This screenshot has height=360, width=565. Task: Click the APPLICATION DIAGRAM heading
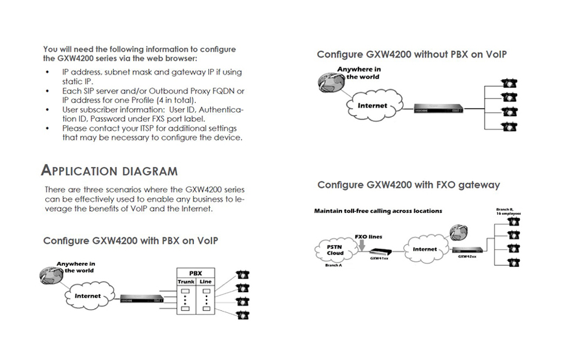click(109, 171)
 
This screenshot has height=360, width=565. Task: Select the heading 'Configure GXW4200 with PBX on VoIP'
click(131, 241)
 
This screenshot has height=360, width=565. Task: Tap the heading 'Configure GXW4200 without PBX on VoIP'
click(411, 55)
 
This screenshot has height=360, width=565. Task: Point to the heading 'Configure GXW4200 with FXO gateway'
click(409, 185)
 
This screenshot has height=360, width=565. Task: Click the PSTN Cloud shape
click(335, 250)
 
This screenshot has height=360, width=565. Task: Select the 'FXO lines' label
click(369, 237)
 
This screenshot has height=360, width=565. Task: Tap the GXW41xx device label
click(379, 258)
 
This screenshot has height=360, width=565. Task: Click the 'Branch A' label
click(334, 266)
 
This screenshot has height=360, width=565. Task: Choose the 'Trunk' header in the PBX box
click(186, 282)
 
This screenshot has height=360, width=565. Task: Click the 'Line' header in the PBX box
click(205, 282)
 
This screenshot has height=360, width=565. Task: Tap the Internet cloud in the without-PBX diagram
click(372, 106)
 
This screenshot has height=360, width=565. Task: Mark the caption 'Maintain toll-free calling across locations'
click(378, 211)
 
